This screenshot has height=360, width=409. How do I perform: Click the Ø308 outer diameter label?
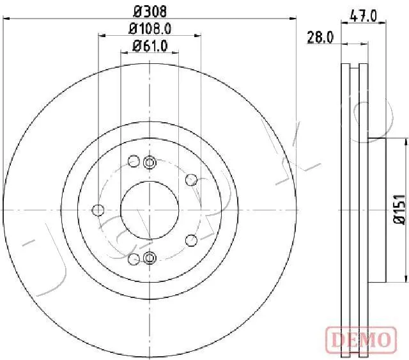pos(150,12)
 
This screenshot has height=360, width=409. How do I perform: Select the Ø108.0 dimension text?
pos(150,29)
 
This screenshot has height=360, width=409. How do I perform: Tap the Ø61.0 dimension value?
pos(150,46)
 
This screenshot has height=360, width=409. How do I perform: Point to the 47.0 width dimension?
pos(364,16)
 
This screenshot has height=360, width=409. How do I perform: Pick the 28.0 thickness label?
pos(320,37)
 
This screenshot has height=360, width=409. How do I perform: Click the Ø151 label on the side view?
pos(399,210)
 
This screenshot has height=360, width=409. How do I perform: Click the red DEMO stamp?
pos(361,340)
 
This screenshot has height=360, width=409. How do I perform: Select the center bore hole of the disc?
pos(150,210)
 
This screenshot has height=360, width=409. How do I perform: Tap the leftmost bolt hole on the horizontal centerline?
pos(98,210)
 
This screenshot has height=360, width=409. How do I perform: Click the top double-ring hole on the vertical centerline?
pos(150,162)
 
